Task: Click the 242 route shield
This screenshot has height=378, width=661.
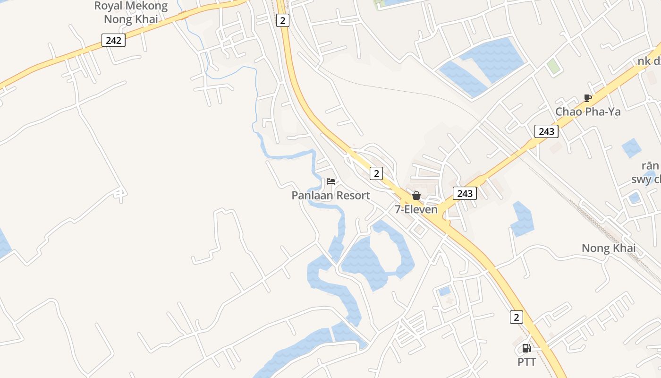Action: click(x=113, y=40)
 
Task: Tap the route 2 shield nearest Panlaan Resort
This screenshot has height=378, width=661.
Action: click(x=376, y=173)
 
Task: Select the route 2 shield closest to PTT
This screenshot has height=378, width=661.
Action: click(x=517, y=317)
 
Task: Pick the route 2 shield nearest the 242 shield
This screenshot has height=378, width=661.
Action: click(x=282, y=20)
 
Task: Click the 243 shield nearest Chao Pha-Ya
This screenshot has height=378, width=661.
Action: click(x=546, y=131)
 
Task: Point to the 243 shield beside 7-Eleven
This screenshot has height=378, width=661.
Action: click(x=465, y=193)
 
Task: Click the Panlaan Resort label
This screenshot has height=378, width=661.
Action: click(x=330, y=196)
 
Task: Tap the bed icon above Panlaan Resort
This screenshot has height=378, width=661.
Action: click(x=331, y=181)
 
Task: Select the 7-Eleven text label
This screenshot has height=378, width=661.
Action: click(x=416, y=209)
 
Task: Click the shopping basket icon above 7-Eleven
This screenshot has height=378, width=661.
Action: click(x=416, y=196)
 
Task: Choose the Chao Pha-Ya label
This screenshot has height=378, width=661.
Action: click(x=588, y=112)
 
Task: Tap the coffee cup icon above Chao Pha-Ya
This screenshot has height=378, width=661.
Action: click(x=587, y=98)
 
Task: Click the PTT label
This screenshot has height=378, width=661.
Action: click(x=526, y=362)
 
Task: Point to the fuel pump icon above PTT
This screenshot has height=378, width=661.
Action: click(x=526, y=349)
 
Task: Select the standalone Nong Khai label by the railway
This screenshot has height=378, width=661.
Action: click(x=609, y=248)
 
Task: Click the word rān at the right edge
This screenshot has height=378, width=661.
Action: click(x=650, y=166)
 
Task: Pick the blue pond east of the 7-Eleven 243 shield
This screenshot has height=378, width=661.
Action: click(x=522, y=220)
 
